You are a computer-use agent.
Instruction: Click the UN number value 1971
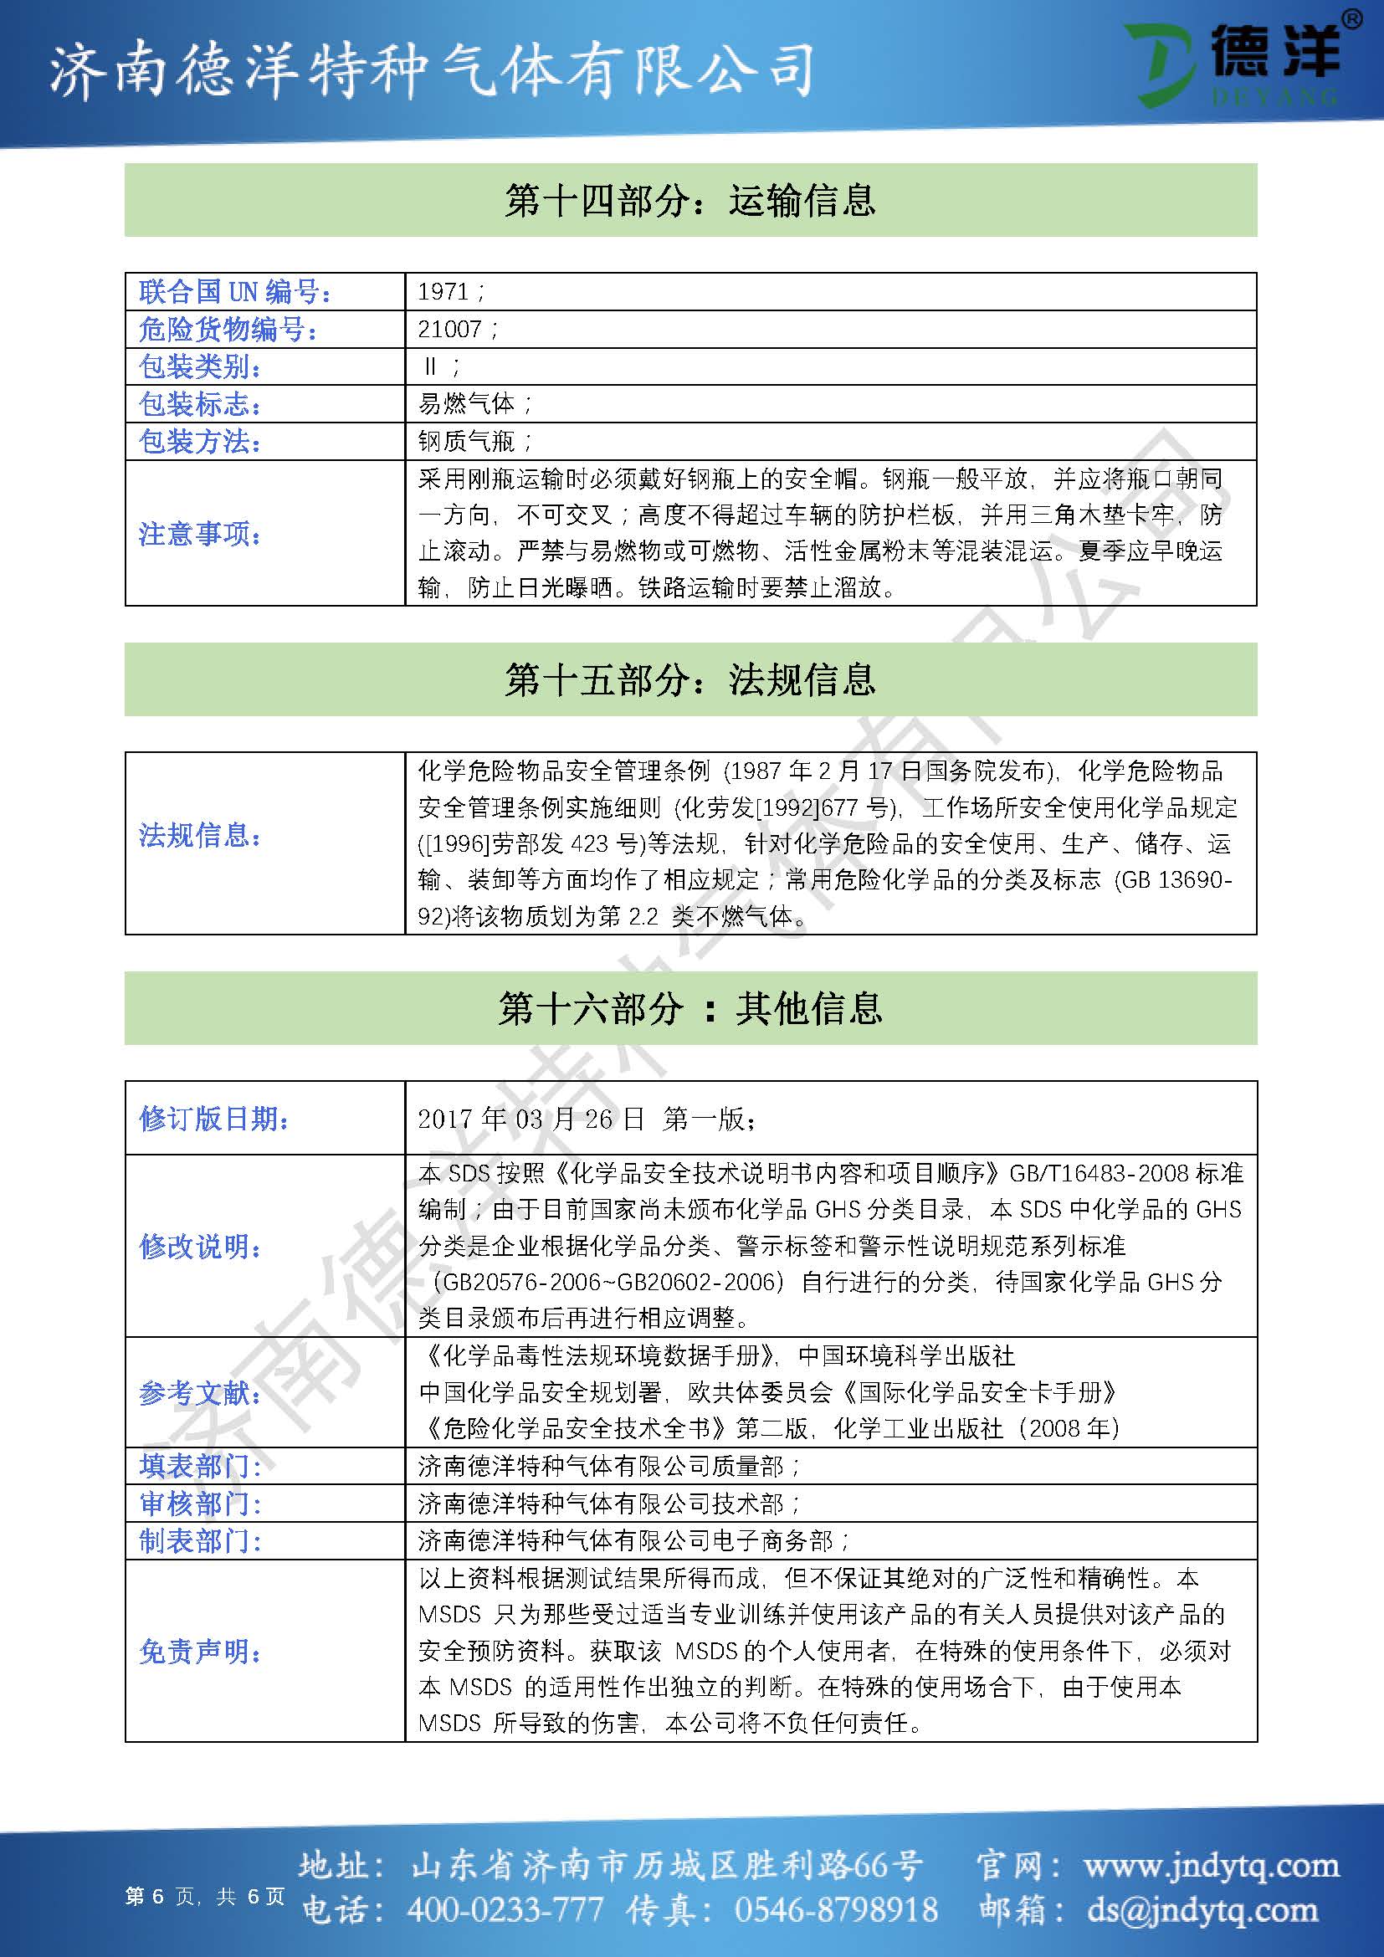tap(444, 291)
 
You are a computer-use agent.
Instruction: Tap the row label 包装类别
tap(199, 366)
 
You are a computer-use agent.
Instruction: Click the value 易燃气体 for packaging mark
tap(468, 404)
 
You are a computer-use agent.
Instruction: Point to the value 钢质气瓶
tap(468, 442)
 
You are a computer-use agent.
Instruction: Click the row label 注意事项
tap(199, 535)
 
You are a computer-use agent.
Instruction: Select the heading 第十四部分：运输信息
tap(690, 200)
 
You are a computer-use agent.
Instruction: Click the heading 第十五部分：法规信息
tap(690, 679)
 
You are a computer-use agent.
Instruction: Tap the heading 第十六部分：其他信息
tap(690, 1008)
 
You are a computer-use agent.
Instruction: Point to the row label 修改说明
tap(199, 1246)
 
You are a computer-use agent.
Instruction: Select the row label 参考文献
tap(199, 1393)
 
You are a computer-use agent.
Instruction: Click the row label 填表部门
tap(199, 1466)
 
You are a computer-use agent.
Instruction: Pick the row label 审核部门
tap(199, 1504)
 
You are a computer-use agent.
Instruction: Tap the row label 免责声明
tap(199, 1652)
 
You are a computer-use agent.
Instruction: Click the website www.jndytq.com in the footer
tap(1211, 1866)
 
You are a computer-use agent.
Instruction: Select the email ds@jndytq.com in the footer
tap(1202, 1910)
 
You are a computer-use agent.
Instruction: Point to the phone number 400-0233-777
tap(505, 1910)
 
